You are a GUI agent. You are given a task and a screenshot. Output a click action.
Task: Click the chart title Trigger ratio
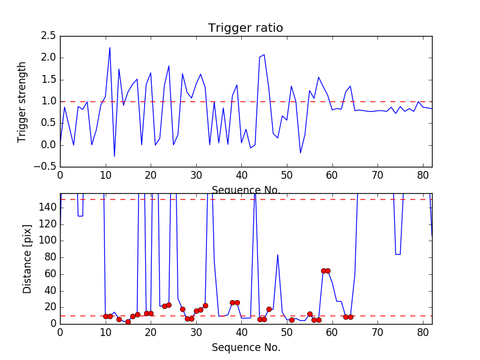pyautogui.click(x=245, y=28)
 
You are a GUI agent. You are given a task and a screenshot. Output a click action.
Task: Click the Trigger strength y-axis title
pyautogui.click(x=22, y=101)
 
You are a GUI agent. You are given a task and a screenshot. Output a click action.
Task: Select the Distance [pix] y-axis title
pyautogui.click(x=28, y=259)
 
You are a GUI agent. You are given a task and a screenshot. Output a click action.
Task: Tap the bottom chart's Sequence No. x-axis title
pyautogui.click(x=246, y=347)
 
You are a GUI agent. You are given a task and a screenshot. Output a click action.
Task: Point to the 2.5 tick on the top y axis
pyautogui.click(x=48, y=36)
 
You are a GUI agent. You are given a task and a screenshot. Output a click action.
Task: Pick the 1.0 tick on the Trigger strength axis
pyautogui.click(x=48, y=101)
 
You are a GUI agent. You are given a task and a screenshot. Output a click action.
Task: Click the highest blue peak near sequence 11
pyautogui.click(x=110, y=48)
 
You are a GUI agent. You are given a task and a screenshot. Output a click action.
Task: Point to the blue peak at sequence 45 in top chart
pyautogui.click(x=264, y=55)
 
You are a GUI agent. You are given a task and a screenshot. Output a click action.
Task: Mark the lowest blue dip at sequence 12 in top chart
pyautogui.click(x=115, y=156)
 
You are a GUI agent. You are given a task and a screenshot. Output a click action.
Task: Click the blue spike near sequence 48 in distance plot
pyautogui.click(x=278, y=255)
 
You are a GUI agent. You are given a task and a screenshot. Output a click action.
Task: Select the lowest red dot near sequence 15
pyautogui.click(x=128, y=322)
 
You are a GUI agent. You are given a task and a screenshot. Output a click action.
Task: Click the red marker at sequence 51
pyautogui.click(x=292, y=320)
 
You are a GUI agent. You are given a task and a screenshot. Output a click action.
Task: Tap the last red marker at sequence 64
pyautogui.click(x=350, y=317)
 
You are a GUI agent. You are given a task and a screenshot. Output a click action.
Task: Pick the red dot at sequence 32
pyautogui.click(x=205, y=305)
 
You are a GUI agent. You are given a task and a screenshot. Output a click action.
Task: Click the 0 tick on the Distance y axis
pyautogui.click(x=52, y=323)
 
